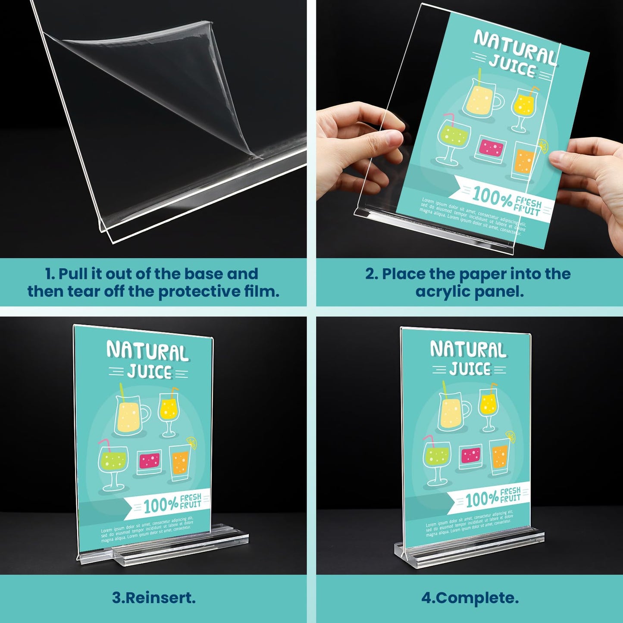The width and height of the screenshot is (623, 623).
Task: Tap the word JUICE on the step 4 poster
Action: (x=470, y=369)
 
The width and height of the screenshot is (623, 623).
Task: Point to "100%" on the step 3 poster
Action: (x=160, y=505)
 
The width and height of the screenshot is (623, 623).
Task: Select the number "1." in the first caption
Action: (x=50, y=274)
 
